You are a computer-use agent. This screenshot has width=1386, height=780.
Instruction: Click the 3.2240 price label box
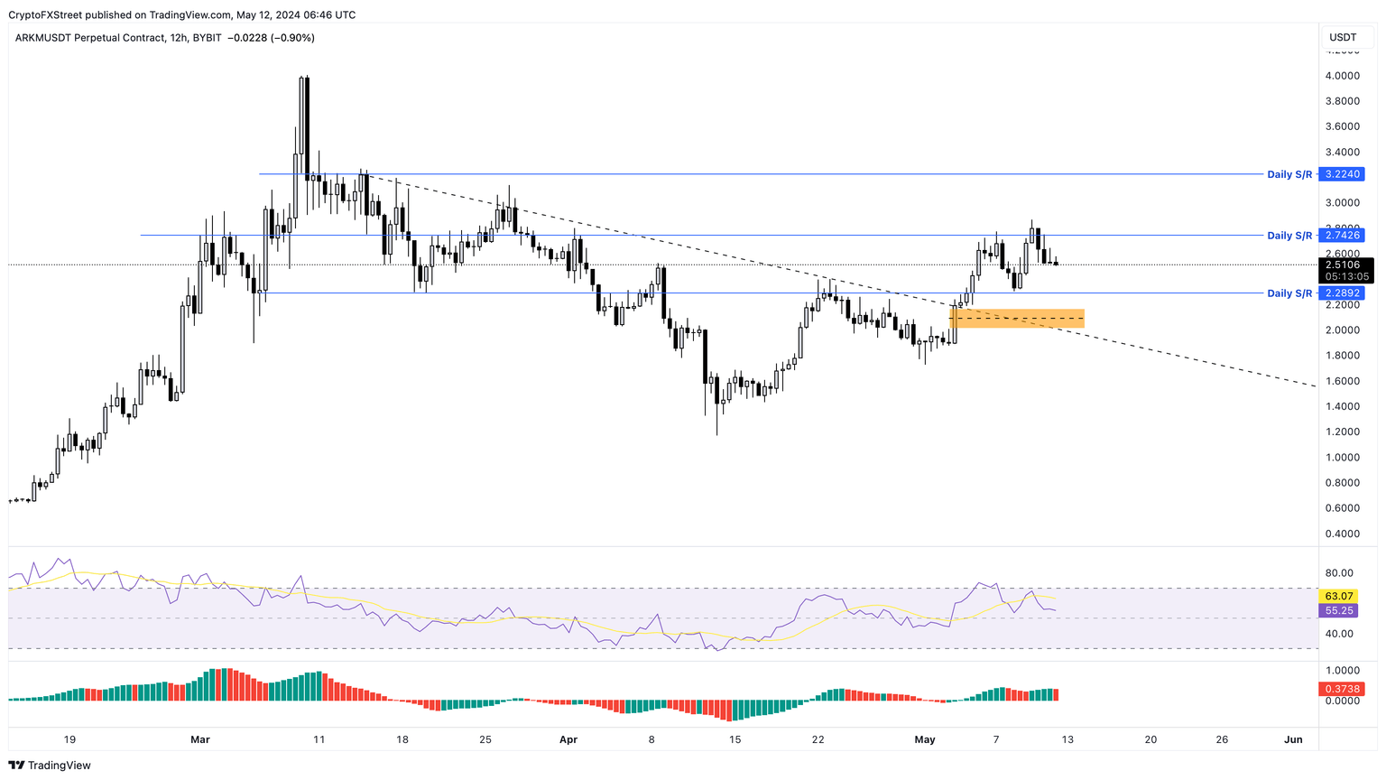tap(1343, 174)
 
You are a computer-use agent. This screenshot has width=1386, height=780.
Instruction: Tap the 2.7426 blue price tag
tap(1343, 236)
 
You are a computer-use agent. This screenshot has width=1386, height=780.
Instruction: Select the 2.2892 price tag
tap(1343, 293)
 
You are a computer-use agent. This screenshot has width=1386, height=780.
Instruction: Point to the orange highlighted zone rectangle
tap(1017, 319)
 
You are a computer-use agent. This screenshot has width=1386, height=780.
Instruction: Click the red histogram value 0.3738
tap(1343, 689)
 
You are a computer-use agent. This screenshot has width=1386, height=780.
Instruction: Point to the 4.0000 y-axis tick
tap(1342, 76)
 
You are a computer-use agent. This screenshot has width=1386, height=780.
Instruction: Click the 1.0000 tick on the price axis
tap(1342, 458)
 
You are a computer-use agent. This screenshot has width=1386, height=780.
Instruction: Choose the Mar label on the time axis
tap(200, 739)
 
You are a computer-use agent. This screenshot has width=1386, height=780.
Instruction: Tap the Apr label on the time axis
tap(568, 739)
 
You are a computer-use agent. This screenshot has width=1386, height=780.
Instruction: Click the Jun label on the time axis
tap(1293, 739)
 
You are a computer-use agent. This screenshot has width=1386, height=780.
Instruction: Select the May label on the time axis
tap(925, 739)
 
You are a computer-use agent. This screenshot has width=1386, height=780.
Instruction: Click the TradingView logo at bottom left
tap(50, 766)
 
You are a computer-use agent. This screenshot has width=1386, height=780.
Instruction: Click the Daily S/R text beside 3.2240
tap(1289, 174)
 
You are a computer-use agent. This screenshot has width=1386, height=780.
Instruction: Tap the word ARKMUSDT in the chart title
tap(43, 38)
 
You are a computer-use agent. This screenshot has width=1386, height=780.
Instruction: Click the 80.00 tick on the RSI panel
tap(1339, 573)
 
